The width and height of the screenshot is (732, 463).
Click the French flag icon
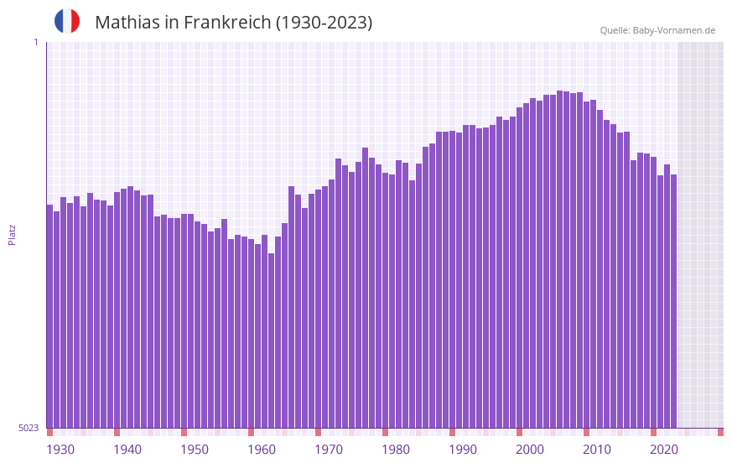click(67, 22)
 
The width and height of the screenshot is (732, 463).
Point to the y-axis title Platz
click(12, 234)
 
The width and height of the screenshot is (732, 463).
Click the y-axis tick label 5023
click(29, 428)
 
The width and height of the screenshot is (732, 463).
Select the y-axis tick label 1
click(35, 42)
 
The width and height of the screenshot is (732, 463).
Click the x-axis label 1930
click(60, 450)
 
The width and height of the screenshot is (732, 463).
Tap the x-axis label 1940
click(127, 450)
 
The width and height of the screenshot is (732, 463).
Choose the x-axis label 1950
click(195, 450)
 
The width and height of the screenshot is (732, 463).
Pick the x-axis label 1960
click(262, 450)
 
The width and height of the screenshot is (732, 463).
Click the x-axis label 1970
click(329, 450)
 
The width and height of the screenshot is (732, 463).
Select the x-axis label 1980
click(396, 450)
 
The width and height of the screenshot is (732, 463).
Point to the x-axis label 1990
click(463, 450)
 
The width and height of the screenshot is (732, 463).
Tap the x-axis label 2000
click(530, 450)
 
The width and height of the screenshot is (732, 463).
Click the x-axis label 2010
click(597, 450)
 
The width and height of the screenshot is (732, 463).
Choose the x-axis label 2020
click(664, 450)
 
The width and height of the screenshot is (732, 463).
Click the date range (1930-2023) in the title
click(324, 23)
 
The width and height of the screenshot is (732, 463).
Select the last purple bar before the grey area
click(673, 302)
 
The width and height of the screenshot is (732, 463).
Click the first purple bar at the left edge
click(49, 319)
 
